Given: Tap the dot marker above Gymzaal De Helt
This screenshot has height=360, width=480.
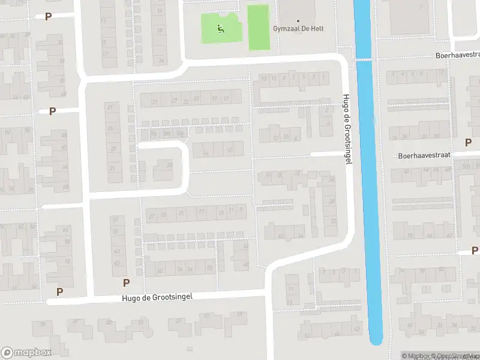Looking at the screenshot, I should tap(298, 20).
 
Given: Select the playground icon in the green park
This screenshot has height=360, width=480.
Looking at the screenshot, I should tap(220, 27).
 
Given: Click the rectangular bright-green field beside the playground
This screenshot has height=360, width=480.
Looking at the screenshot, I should tap(258, 27).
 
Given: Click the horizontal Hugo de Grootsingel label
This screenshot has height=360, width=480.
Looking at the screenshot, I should tap(157, 297).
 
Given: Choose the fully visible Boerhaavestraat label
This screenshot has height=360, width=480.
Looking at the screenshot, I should tap(424, 155).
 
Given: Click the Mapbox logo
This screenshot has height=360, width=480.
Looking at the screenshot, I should tap(26, 353).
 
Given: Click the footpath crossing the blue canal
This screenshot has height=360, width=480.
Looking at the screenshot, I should tap(364, 59).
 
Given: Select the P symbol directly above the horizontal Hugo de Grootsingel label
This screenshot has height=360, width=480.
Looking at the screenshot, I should tap(126, 283).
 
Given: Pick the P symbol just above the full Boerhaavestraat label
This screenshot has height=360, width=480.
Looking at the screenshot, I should tap(468, 142).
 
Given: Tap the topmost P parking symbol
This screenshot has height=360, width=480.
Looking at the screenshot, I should tap(47, 16).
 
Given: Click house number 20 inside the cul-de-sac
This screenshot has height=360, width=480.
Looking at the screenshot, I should tap(170, 166).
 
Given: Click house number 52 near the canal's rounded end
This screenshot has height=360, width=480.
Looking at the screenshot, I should tap(308, 335).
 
